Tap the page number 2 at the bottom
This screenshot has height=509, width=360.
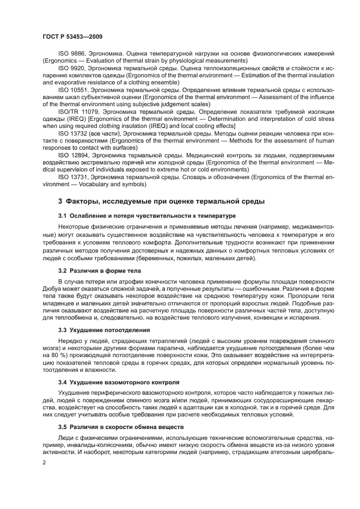coord(44,463)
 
